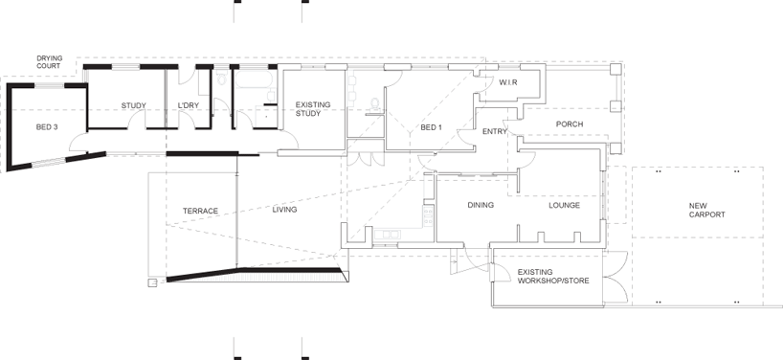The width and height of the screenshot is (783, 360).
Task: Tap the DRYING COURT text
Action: [50, 62]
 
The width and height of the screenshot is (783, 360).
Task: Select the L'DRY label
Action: [187, 105]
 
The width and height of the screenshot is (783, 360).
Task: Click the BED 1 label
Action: [432, 127]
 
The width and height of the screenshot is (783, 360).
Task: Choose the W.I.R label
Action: [508, 83]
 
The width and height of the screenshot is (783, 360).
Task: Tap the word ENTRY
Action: [495, 132]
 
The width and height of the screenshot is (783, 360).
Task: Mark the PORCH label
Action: [569, 124]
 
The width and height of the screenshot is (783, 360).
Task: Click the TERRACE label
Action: [201, 211]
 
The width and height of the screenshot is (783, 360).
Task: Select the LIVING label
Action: [284, 209]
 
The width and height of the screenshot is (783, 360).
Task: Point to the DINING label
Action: [480, 205]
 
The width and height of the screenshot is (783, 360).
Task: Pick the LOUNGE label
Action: [564, 205]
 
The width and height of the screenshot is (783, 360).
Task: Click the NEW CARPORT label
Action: [706, 210]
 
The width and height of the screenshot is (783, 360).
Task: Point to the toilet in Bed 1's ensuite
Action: [375, 101]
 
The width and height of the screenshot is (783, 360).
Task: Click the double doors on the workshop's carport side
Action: [615, 278]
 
